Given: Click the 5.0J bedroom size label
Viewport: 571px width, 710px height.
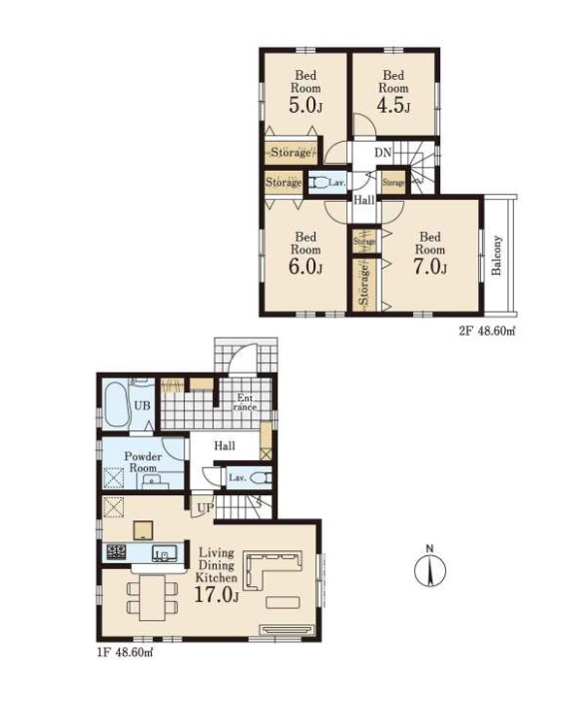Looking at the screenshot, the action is pyautogui.click(x=305, y=106).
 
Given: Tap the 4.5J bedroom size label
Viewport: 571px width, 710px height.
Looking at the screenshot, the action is pyautogui.click(x=393, y=106).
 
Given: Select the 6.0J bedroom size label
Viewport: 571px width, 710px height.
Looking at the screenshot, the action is pyautogui.click(x=305, y=268).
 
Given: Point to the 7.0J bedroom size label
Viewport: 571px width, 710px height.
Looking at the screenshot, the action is pyautogui.click(x=430, y=268).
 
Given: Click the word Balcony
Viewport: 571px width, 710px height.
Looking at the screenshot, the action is pyautogui.click(x=497, y=255).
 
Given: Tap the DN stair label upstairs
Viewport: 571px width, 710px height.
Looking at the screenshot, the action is pyautogui.click(x=382, y=153).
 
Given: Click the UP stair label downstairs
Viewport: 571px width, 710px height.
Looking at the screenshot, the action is pyautogui.click(x=205, y=508).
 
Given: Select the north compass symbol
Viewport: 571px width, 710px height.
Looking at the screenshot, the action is pyautogui.click(x=430, y=569).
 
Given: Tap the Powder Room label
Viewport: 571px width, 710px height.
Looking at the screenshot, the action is pyautogui.click(x=143, y=462).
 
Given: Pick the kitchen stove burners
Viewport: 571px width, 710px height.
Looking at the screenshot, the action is pyautogui.click(x=117, y=551).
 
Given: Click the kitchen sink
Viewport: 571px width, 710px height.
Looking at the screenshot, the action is pyautogui.click(x=164, y=552).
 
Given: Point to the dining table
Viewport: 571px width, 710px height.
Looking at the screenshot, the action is pyautogui.click(x=152, y=598).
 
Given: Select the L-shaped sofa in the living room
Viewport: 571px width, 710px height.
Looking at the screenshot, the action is pyautogui.click(x=273, y=569).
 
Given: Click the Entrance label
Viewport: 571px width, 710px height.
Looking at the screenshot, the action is pyautogui.click(x=245, y=402).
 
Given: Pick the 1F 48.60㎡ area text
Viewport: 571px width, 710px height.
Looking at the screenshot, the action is pyautogui.click(x=124, y=653).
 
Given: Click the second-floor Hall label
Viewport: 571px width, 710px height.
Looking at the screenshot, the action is pyautogui.click(x=364, y=200).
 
